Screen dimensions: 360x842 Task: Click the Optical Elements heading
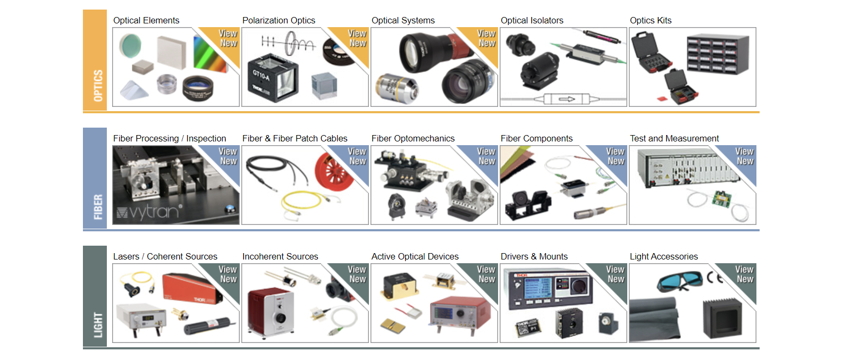pyautogui.click(x=146, y=21)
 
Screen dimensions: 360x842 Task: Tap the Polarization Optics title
pyautogui.click(x=279, y=21)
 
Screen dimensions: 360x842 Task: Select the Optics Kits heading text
pyautogui.click(x=651, y=21)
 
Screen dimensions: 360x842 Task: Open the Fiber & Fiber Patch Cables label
pyautogui.click(x=294, y=139)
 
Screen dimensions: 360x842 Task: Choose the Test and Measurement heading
pyautogui.click(x=674, y=139)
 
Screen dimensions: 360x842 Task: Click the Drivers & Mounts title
pyautogui.click(x=534, y=257)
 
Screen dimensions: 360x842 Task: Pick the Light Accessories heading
pyautogui.click(x=663, y=257)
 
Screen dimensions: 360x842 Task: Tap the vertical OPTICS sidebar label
pyautogui.click(x=98, y=85)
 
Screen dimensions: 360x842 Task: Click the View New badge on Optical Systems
pyautogui.click(x=486, y=38)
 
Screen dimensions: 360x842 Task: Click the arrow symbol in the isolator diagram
pyautogui.click(x=567, y=99)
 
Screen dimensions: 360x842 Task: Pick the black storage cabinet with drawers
pyautogui.click(x=718, y=53)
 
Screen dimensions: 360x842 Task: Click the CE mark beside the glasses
pyautogui.click(x=715, y=278)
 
